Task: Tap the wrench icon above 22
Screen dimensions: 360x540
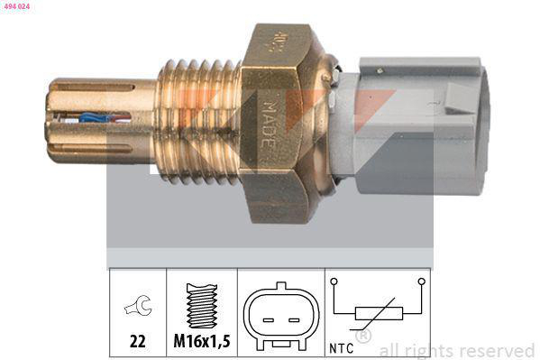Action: (137, 307)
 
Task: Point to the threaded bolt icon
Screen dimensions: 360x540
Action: (202, 304)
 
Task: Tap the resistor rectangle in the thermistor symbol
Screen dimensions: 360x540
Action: (374, 314)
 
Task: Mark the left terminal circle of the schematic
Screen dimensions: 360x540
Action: (334, 281)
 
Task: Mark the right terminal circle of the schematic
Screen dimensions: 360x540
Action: (420, 281)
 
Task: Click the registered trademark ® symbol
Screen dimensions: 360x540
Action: (363, 337)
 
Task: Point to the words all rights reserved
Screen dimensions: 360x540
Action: (456, 350)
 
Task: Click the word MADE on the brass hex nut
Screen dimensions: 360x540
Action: (275, 117)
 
